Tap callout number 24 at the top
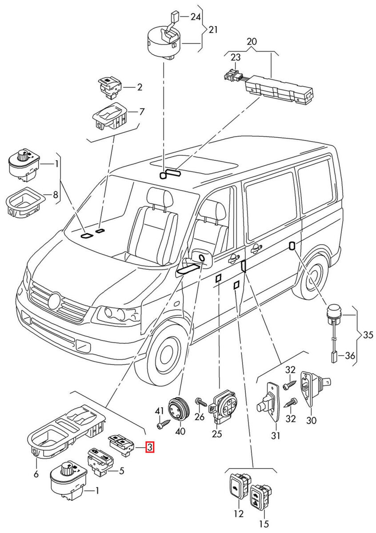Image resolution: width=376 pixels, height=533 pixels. pos(196,17)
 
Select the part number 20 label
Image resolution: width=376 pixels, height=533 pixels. pos(252,41)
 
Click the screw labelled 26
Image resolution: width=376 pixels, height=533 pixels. pos(202,403)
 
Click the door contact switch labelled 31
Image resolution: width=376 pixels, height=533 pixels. pos(268,402)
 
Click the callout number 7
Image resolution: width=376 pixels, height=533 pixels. pos(142,111)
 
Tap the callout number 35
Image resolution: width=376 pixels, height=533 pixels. pos(368,335)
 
